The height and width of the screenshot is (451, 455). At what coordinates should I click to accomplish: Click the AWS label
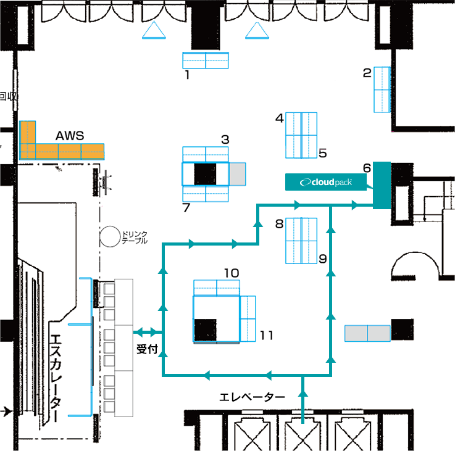click(70, 136)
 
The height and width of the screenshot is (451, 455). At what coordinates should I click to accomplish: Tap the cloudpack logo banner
click(326, 182)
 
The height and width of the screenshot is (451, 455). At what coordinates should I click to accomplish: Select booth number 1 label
click(188, 75)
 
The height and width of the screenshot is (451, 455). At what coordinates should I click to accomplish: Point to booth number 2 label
click(367, 73)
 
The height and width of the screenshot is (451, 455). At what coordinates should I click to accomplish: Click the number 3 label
click(225, 139)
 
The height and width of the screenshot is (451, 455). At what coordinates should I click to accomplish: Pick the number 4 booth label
click(280, 118)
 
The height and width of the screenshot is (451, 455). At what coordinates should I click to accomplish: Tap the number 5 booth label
click(323, 153)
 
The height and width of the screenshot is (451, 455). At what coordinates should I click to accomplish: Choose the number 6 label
click(367, 168)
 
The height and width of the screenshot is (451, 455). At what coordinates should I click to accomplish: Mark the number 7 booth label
click(186, 207)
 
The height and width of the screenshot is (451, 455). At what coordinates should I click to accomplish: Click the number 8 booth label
click(279, 223)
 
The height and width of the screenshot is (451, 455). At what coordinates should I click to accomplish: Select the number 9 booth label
click(323, 259)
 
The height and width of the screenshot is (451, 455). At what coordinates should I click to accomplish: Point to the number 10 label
click(232, 273)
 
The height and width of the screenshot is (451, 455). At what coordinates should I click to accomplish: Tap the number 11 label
click(266, 335)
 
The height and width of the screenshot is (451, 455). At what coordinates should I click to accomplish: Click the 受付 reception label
click(147, 349)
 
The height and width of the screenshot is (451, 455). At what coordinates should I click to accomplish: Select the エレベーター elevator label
click(252, 397)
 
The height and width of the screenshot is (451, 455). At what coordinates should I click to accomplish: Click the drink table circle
click(110, 237)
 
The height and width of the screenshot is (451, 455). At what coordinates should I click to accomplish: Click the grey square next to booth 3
click(237, 174)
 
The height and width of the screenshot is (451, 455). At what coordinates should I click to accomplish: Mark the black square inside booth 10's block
click(205, 330)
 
